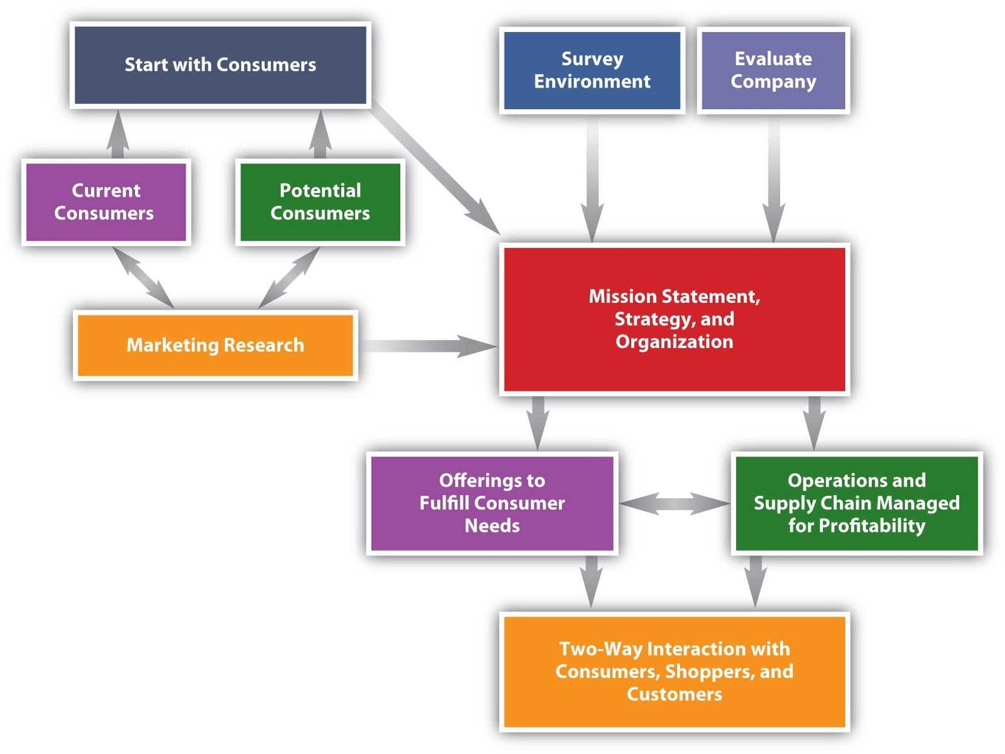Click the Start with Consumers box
pyautogui.click(x=220, y=65)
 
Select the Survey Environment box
pyautogui.click(x=592, y=70)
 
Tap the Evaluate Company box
pyautogui.click(x=773, y=70)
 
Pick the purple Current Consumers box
pyautogui.click(x=105, y=202)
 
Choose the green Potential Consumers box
pyautogui.click(x=320, y=202)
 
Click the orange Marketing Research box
pyautogui.click(x=215, y=345)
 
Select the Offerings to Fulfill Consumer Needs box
pyautogui.click(x=492, y=503)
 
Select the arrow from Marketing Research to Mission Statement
pyautogui.click(x=427, y=346)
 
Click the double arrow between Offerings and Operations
pyautogui.click(x=674, y=503)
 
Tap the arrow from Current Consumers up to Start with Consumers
pyautogui.click(x=117, y=134)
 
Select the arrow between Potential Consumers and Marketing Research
pyautogui.click(x=289, y=277)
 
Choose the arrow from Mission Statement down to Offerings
pyautogui.click(x=538, y=421)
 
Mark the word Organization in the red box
pyautogui.click(x=674, y=342)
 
